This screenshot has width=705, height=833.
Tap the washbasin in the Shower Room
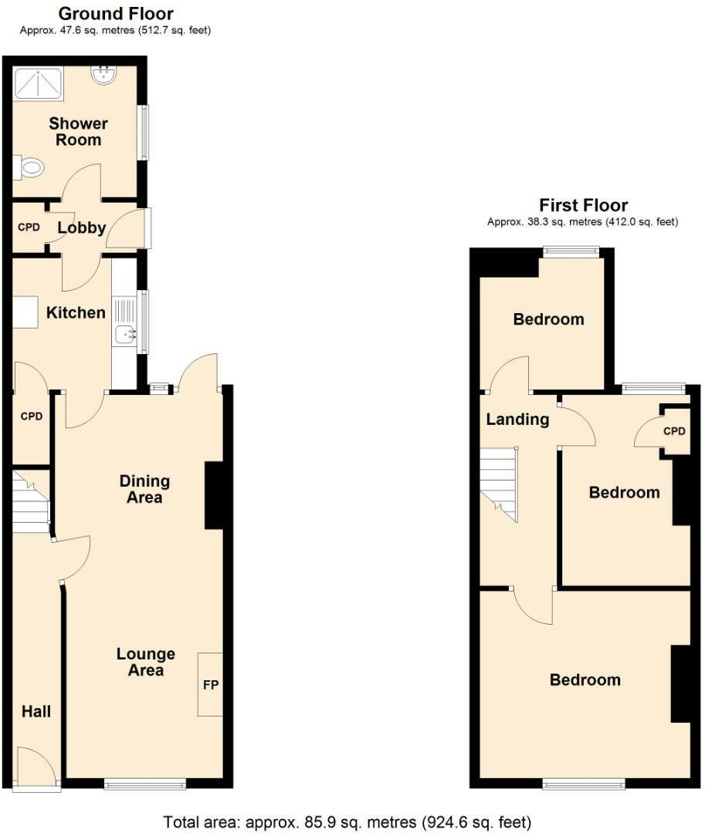click(103, 75)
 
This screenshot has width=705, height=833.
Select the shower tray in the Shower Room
click(39, 84)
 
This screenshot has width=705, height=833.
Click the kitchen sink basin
click(125, 335)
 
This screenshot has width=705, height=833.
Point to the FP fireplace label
click(211, 685)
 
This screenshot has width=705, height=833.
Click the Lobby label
click(81, 228)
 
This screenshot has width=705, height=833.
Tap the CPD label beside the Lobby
click(29, 228)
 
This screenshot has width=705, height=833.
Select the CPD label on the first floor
click(674, 431)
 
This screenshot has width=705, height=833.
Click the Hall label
click(36, 711)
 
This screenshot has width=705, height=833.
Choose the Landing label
click(517, 420)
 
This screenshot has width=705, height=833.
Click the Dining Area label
click(144, 489)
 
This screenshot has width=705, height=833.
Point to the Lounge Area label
click(146, 662)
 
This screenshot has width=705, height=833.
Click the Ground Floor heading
click(116, 13)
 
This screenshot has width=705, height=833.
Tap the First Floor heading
click(583, 205)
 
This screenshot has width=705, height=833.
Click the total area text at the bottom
click(347, 822)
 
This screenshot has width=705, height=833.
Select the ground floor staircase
click(31, 501)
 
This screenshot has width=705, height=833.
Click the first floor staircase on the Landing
click(499, 484)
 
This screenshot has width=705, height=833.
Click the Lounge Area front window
click(145, 784)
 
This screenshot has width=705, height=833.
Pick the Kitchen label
click(76, 312)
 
